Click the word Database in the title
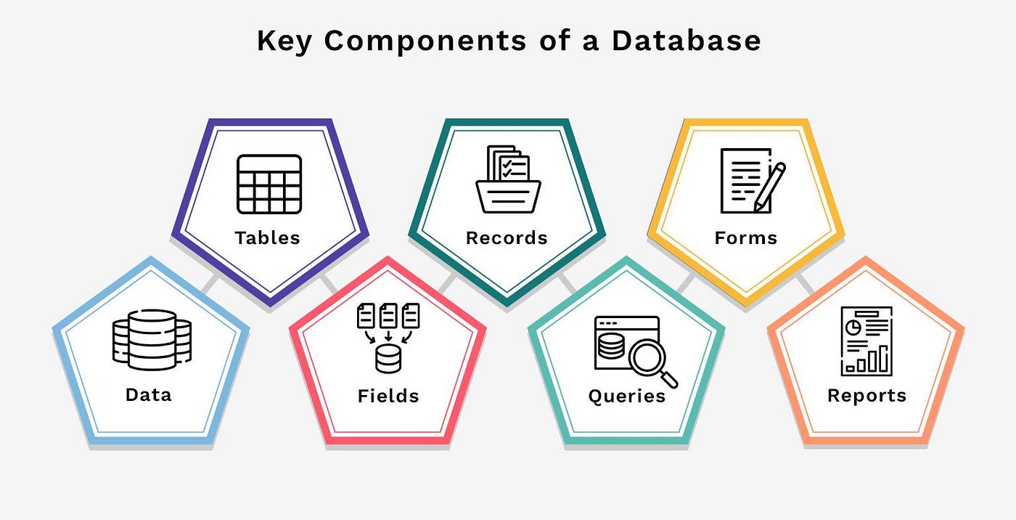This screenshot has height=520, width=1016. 686,41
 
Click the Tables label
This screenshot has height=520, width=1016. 267,237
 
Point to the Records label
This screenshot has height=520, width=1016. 507,237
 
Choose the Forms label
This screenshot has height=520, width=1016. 745,237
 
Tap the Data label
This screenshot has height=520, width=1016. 148,394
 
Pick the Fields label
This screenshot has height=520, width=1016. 388,396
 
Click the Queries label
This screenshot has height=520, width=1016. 627,396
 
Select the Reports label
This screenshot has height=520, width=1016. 867,396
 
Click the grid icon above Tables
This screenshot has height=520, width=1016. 269,184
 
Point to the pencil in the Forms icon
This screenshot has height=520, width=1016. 770,185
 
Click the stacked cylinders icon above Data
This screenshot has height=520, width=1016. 152,340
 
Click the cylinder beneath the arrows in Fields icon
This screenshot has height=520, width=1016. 388,359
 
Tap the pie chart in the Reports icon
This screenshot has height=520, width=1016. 854,328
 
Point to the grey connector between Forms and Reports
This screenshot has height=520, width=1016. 804,283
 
